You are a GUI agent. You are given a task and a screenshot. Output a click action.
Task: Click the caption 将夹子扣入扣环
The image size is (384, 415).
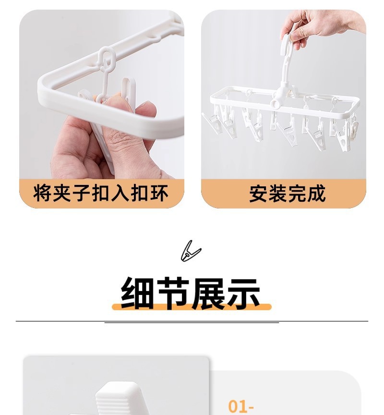[101, 193]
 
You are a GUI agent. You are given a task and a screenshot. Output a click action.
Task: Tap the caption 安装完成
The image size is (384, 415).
[288, 194]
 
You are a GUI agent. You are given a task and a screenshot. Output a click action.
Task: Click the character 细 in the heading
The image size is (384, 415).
[137, 293]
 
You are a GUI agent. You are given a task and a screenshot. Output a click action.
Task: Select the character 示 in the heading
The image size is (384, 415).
[243, 293]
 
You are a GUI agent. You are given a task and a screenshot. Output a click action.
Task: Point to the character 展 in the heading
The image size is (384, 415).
[208, 293]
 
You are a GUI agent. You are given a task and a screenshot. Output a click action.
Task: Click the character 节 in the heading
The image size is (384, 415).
[173, 293]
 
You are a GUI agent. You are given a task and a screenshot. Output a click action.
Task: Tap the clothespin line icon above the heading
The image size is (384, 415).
[191, 251]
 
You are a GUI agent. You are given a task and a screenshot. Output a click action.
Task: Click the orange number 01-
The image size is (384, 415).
[240, 406]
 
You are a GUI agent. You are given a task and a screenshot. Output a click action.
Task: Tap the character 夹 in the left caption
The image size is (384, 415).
[62, 193]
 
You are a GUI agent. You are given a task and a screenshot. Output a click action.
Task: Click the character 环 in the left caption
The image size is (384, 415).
[159, 193]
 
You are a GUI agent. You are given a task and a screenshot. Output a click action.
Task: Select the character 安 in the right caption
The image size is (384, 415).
[258, 194]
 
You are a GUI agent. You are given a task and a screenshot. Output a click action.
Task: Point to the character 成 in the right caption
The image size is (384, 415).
[317, 194]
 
